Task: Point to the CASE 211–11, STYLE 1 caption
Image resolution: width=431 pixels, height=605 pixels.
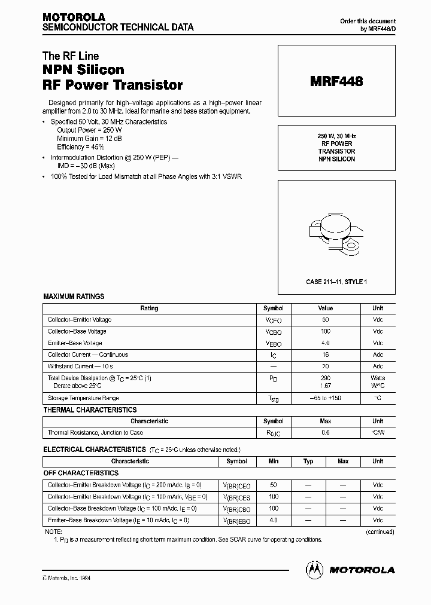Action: [x=336, y=282]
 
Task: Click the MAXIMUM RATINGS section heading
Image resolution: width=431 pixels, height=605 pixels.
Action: [x=74, y=297]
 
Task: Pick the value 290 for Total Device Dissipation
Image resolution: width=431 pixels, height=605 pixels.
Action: [x=326, y=378]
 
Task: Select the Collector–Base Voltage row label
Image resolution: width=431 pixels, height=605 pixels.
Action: [x=77, y=331]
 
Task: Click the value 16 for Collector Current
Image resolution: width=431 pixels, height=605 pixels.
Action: [x=326, y=355]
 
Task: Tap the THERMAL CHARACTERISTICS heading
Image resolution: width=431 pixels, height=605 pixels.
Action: [x=90, y=410]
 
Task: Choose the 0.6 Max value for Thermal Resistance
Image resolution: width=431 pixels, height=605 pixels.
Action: [x=326, y=432]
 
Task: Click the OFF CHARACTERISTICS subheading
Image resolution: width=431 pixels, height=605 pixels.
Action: [x=81, y=473]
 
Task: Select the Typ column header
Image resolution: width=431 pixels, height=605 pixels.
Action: [x=308, y=462]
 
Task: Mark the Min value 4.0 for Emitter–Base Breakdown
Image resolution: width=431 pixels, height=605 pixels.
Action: [x=274, y=520]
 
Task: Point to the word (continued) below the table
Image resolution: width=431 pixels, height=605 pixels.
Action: [x=380, y=531]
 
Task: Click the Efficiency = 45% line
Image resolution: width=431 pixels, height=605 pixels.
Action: [x=80, y=146]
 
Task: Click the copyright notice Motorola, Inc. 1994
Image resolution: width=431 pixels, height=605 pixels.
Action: [x=66, y=577]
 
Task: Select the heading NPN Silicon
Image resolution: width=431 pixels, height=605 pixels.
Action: [x=83, y=70]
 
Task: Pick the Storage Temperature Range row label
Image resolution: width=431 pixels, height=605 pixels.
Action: [x=83, y=398]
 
